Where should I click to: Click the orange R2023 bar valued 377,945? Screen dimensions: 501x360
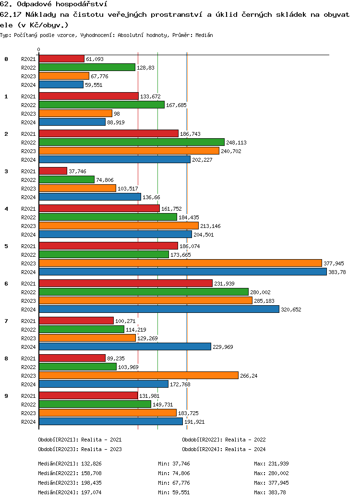pyautogui.click(x=180, y=263)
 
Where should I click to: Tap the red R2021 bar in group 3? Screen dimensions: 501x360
pyautogui.click(x=53, y=171)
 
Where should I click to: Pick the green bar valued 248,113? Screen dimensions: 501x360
pyautogui.click(x=132, y=142)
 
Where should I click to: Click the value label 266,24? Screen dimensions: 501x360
pyautogui.click(x=249, y=376)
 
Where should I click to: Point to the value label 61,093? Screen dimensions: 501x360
pyautogui.click(x=95, y=59)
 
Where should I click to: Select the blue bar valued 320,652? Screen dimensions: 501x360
pyautogui.click(x=159, y=309)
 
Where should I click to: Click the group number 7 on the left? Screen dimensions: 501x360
pyautogui.click(x=6, y=321)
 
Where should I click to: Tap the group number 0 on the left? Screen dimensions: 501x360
pyautogui.click(x=6, y=59)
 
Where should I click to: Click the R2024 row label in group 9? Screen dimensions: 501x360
pyautogui.click(x=29, y=422)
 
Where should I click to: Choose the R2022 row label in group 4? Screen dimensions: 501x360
pyautogui.click(x=29, y=217)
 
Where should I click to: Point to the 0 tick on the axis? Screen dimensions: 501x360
pyautogui.click(x=39, y=49)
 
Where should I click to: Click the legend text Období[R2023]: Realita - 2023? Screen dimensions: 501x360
pyautogui.click(x=80, y=449)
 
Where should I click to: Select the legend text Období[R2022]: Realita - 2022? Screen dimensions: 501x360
pyautogui.click(x=224, y=440)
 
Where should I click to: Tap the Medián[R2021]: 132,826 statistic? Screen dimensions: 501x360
pyautogui.click(x=70, y=464)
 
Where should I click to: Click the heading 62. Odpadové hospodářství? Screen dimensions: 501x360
pyautogui.click(x=54, y=4)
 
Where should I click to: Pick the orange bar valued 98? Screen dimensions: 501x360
pyautogui.click(x=75, y=113)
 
